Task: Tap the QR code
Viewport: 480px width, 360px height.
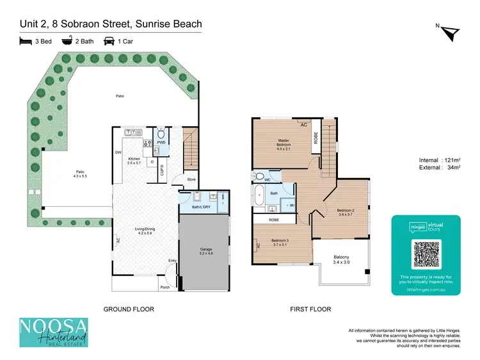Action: point(426,252)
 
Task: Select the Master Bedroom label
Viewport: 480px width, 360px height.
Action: point(284,143)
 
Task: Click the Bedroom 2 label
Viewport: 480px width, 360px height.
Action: point(345,212)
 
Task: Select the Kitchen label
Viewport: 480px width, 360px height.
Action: point(134,160)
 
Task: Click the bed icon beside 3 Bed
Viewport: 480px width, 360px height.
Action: point(26,42)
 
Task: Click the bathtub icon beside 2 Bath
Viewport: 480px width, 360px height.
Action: point(66,42)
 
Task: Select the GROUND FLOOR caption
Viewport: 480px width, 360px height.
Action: point(129,309)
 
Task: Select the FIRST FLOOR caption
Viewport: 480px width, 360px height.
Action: point(310,309)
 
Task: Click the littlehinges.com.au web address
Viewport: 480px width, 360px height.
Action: point(426,289)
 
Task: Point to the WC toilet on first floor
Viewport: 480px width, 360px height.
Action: point(260,175)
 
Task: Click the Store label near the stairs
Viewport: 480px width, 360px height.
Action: point(191,179)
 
